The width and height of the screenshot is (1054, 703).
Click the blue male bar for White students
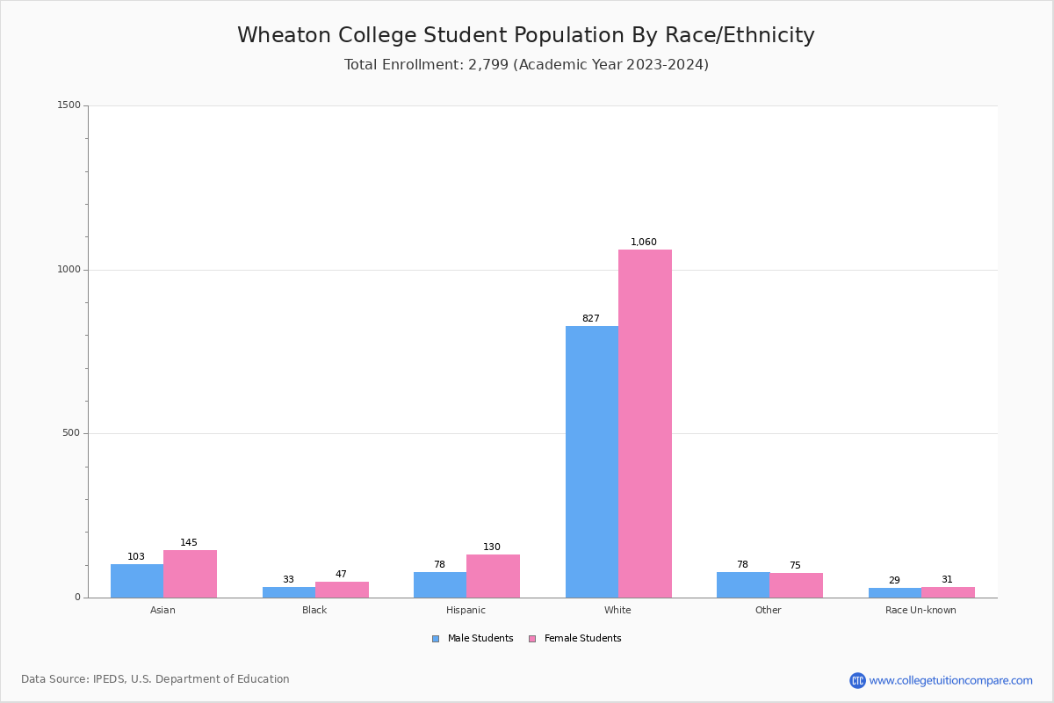(591, 461)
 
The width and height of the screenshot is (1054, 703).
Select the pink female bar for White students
(645, 424)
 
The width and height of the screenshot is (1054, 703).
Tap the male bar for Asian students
(137, 581)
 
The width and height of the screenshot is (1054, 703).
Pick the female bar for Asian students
(190, 574)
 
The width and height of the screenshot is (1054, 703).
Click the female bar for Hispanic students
(493, 576)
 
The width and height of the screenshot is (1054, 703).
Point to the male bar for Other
(743, 584)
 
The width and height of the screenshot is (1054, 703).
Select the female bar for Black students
(342, 590)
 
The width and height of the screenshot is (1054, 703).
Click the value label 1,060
(644, 243)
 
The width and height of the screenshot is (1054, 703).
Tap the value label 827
(591, 319)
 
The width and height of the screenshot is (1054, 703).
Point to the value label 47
(341, 575)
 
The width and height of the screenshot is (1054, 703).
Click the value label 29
(894, 581)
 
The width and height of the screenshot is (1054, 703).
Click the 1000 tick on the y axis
(69, 270)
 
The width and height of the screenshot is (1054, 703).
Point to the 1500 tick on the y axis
(69, 105)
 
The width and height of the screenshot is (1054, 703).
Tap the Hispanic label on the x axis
(466, 610)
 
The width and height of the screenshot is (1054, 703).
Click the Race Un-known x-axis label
(920, 610)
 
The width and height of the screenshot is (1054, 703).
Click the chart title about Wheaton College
(526, 35)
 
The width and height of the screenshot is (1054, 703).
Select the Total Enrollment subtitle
(526, 65)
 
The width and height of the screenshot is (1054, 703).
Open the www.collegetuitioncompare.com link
(950, 680)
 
